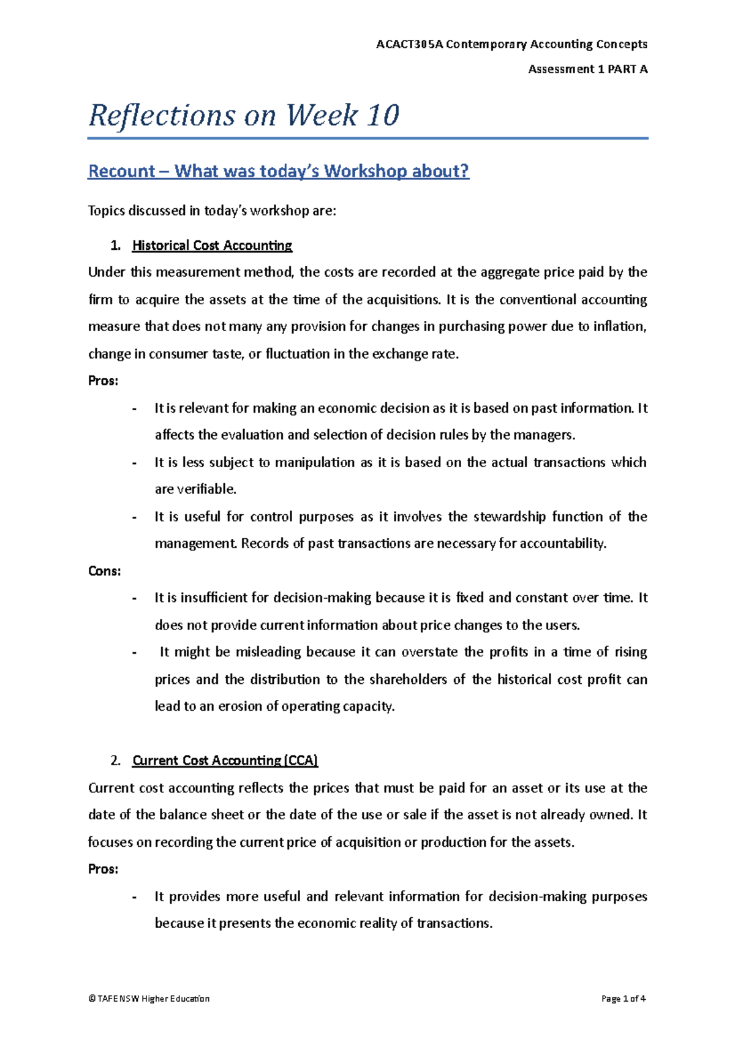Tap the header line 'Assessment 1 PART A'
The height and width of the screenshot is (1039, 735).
tap(587, 69)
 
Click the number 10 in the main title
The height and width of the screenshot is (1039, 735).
tap(383, 115)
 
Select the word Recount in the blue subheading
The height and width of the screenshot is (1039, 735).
tap(121, 171)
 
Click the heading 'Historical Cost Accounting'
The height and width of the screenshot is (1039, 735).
tap(212, 246)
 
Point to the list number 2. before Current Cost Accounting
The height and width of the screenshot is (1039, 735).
tap(116, 761)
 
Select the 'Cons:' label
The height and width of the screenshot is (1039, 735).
tap(104, 571)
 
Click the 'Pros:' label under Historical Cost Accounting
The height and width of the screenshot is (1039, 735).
tap(103, 381)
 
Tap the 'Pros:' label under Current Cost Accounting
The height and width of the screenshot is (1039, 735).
tap(103, 869)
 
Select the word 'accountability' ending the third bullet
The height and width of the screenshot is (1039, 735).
tap(562, 544)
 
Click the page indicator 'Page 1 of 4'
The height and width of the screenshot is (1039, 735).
tap(624, 999)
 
